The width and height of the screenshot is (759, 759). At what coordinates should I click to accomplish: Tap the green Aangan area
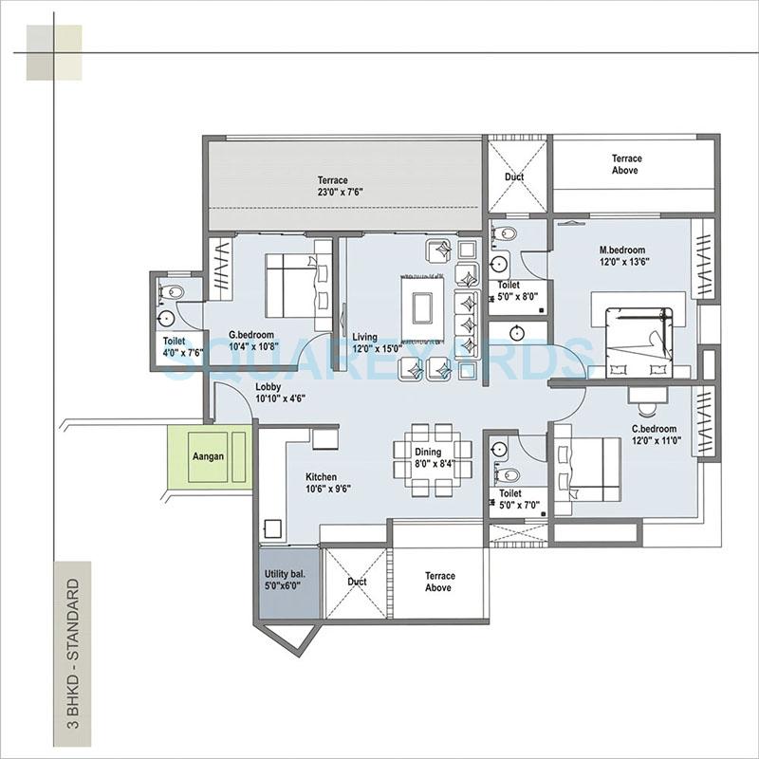click(x=209, y=457)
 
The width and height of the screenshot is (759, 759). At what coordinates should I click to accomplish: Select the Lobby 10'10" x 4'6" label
click(x=279, y=393)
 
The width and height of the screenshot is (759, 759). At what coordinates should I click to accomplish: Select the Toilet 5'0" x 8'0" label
click(x=517, y=290)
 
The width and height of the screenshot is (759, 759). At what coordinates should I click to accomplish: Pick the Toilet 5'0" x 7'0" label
click(x=517, y=500)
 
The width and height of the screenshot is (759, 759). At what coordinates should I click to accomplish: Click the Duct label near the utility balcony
click(x=358, y=582)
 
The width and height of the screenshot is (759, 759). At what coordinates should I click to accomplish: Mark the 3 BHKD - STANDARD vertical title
click(x=72, y=650)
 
